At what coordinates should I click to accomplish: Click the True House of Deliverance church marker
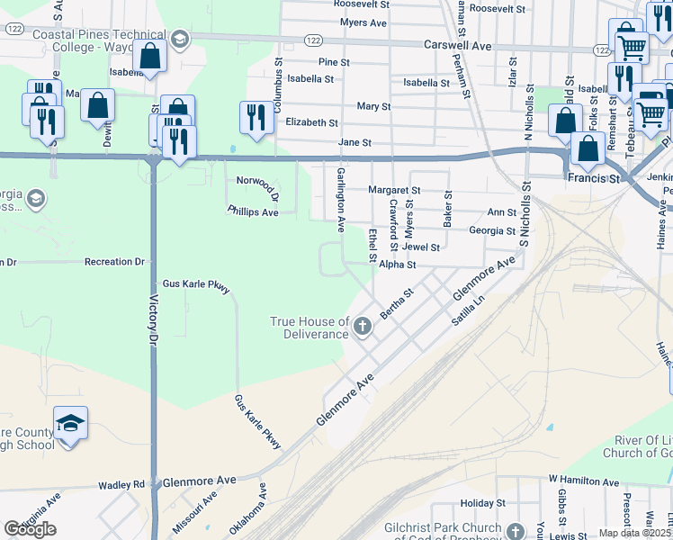pyautogui.click(x=363, y=326)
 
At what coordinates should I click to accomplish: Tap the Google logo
pyautogui.click(x=30, y=529)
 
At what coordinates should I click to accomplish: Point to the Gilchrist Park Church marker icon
pyautogui.click(x=516, y=532)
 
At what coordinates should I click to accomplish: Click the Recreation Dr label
pyautogui.click(x=114, y=262)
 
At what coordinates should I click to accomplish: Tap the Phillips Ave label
pyautogui.click(x=252, y=211)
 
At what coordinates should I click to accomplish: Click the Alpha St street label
pyautogui.click(x=397, y=265)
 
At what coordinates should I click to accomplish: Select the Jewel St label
pyautogui.click(x=421, y=247)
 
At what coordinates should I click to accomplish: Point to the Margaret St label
pyautogui.click(x=394, y=191)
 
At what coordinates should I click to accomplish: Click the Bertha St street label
pyautogui.click(x=397, y=303)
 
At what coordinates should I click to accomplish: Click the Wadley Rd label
pyautogui.click(x=128, y=484)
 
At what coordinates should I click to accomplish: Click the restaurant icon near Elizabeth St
pyautogui.click(x=256, y=117)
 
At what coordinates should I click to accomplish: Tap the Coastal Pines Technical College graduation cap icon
pyautogui.click(x=180, y=39)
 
